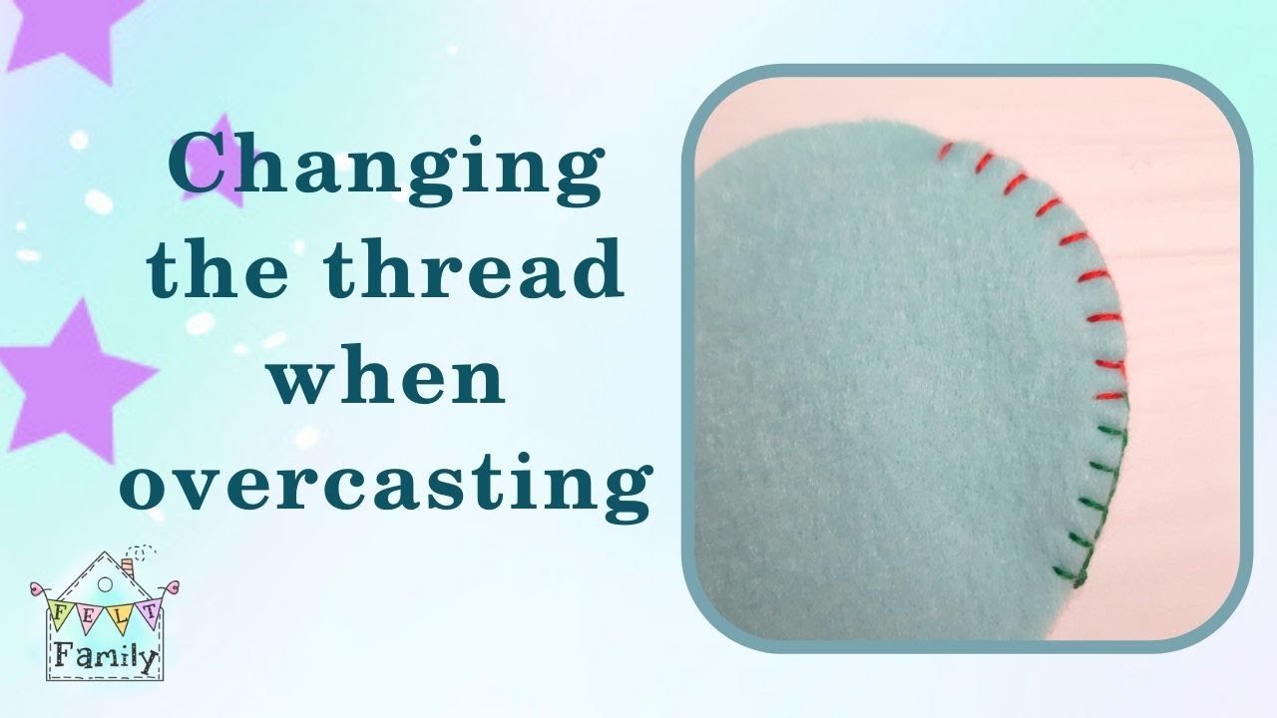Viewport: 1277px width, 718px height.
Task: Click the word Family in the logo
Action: point(105,656)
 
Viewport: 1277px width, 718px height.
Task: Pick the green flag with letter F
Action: point(60,609)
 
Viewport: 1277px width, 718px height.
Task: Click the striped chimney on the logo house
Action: point(128,567)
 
